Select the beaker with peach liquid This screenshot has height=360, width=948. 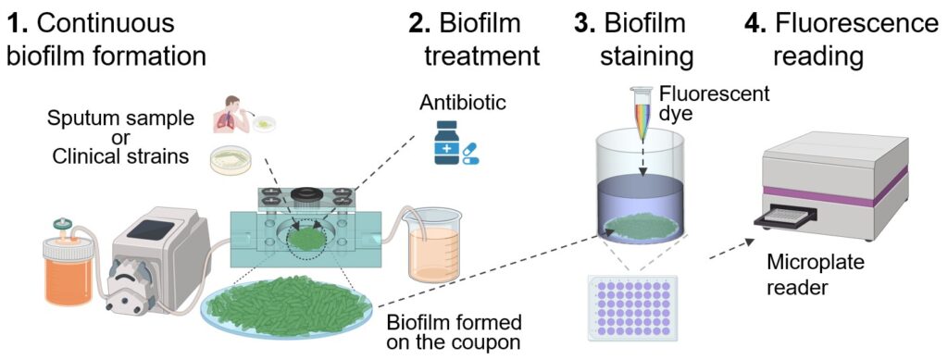tap(434, 244)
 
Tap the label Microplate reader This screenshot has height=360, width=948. tap(807, 275)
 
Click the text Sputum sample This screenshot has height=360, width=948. tap(121, 118)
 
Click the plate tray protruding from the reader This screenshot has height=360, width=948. tap(786, 217)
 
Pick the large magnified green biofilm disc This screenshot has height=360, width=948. tap(287, 304)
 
